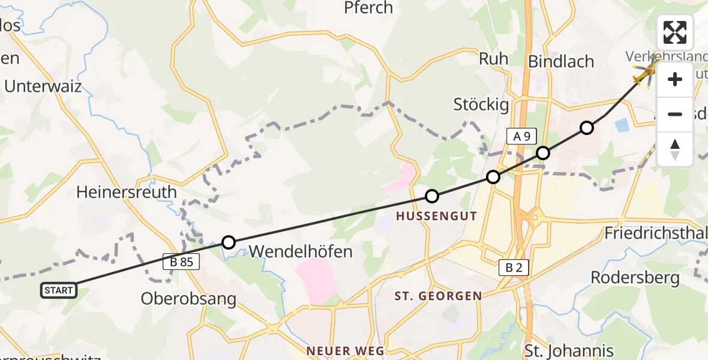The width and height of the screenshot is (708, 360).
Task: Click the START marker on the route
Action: tap(59, 290)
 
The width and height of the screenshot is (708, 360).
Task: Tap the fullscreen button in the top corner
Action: tap(675, 32)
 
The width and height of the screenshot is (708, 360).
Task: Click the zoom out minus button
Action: tap(675, 114)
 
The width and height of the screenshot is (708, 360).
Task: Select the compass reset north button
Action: tap(675, 149)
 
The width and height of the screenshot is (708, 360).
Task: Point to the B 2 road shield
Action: tap(514, 268)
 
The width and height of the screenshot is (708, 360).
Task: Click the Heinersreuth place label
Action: tap(127, 192)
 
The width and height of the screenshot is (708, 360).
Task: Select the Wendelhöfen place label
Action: tap(300, 251)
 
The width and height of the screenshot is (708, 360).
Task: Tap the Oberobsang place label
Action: tap(188, 298)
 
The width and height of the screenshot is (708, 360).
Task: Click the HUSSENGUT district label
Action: tap(436, 216)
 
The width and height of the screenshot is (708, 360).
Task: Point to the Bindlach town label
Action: tap(560, 61)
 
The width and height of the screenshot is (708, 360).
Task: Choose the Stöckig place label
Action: tap(481, 105)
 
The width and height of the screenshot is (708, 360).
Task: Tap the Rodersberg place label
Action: tap(635, 277)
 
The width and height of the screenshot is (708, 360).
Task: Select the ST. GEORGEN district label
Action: tap(438, 296)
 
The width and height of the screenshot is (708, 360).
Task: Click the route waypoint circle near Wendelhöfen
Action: tap(229, 242)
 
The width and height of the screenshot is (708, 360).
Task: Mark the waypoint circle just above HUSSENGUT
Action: tap(432, 196)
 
